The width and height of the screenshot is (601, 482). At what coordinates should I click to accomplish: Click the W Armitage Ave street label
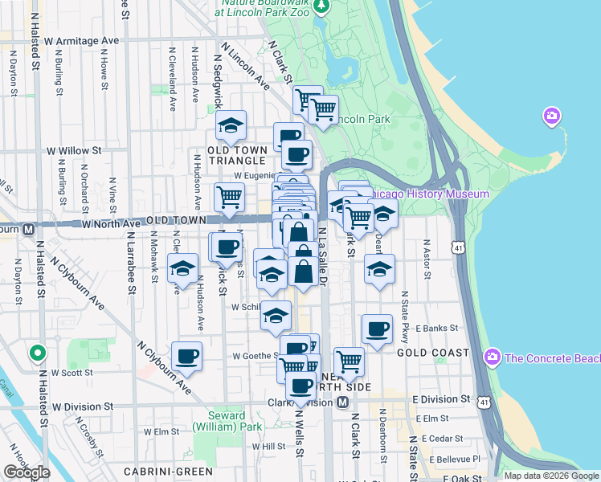pos(81,41)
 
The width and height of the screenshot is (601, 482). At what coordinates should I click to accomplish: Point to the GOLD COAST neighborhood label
pos(432,353)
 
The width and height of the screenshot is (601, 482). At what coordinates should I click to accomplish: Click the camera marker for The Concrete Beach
pos(493,357)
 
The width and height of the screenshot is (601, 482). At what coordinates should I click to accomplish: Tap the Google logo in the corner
pos(27,472)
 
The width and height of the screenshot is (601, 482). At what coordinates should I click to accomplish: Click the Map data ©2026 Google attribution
pos(550,476)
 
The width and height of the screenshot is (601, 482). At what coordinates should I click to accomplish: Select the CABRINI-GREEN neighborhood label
pos(168,472)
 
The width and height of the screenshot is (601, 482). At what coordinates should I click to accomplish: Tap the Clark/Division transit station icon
pos(342,401)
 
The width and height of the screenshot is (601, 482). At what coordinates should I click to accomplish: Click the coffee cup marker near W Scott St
pos(186,356)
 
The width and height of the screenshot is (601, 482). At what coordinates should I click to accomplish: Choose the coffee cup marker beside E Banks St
pos(376,328)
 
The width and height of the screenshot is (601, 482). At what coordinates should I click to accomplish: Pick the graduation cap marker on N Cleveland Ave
pos(182,268)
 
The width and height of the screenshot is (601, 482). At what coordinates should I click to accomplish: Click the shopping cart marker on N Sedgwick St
pos(229,196)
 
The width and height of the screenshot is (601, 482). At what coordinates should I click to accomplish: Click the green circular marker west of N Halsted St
pos(36,353)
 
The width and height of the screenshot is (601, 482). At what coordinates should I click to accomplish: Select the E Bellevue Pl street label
pos(454,460)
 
